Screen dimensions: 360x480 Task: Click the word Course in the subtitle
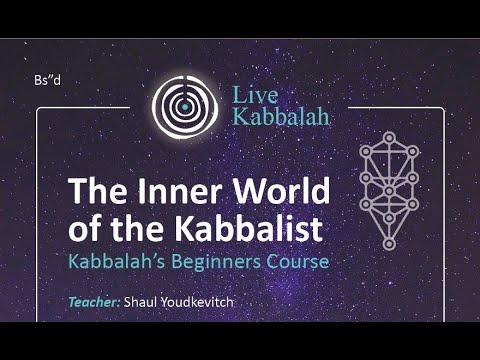[295, 262]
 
